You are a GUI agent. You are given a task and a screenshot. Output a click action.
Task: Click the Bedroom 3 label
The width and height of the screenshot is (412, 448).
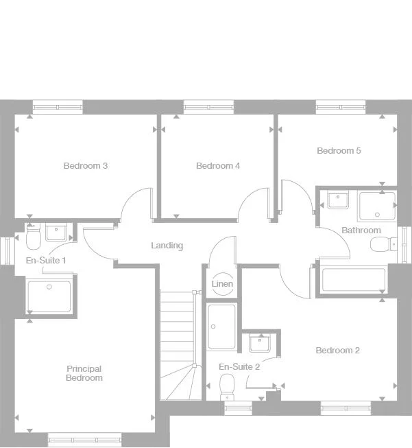[86, 165]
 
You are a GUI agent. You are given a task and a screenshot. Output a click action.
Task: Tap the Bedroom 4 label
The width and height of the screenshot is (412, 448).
[218, 165]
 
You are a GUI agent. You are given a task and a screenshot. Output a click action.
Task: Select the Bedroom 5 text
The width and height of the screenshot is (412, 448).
[339, 150]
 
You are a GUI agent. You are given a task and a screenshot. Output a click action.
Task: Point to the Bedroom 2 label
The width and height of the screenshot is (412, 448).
[337, 350]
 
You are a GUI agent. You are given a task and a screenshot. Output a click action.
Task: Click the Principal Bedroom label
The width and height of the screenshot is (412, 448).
[84, 373]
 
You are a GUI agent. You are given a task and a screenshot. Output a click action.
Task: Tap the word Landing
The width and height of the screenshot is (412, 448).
[167, 245]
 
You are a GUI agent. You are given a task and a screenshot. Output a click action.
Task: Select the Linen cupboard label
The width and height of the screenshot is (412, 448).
[222, 283]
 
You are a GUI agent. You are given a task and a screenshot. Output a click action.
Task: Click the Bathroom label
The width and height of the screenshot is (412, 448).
[361, 230]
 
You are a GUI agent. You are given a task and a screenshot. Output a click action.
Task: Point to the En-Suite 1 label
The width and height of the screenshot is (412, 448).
[46, 260]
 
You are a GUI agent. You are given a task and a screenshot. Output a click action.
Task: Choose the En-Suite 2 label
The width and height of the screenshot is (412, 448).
[239, 366]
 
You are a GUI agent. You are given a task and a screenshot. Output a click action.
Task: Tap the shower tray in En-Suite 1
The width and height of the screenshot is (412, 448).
[49, 296]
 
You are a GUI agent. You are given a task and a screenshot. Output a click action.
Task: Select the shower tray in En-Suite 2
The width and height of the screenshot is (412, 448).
[222, 326]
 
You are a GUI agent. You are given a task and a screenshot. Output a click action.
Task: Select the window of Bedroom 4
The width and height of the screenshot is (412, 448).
[208, 106]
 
